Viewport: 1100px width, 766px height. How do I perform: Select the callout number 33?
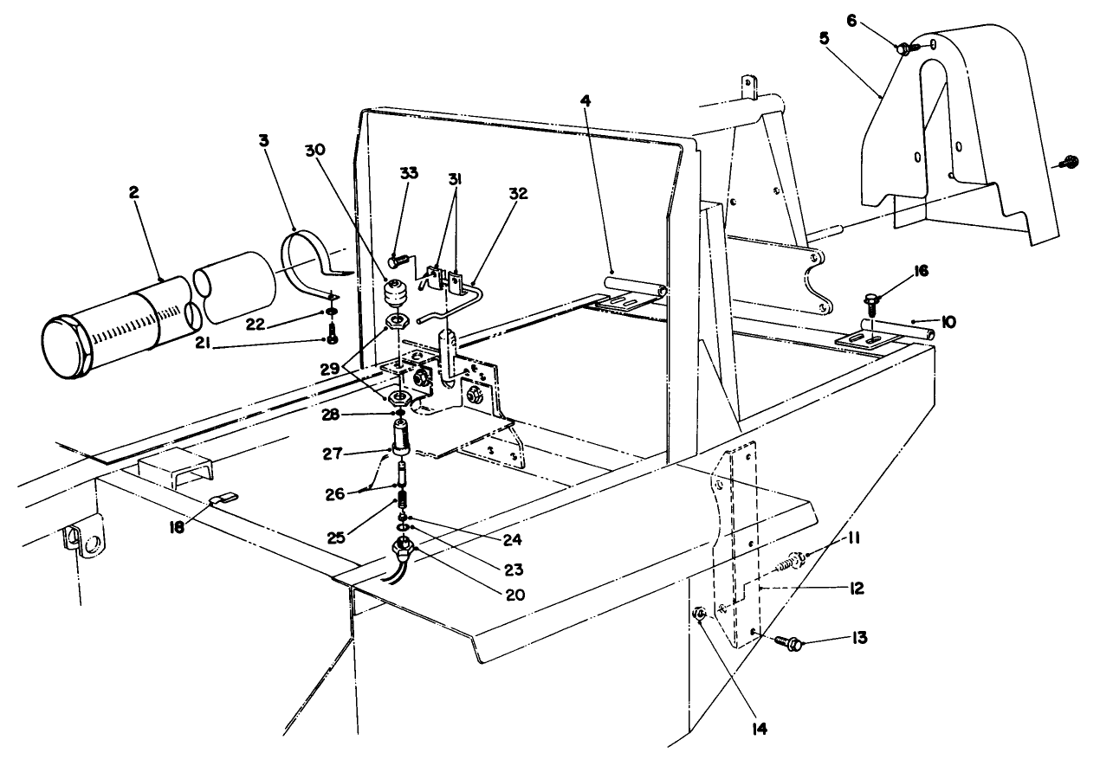[x=408, y=173]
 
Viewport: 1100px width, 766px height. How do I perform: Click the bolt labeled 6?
[x=903, y=49]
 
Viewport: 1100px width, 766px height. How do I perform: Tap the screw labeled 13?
[x=790, y=641]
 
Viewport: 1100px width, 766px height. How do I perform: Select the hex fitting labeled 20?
[x=401, y=549]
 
